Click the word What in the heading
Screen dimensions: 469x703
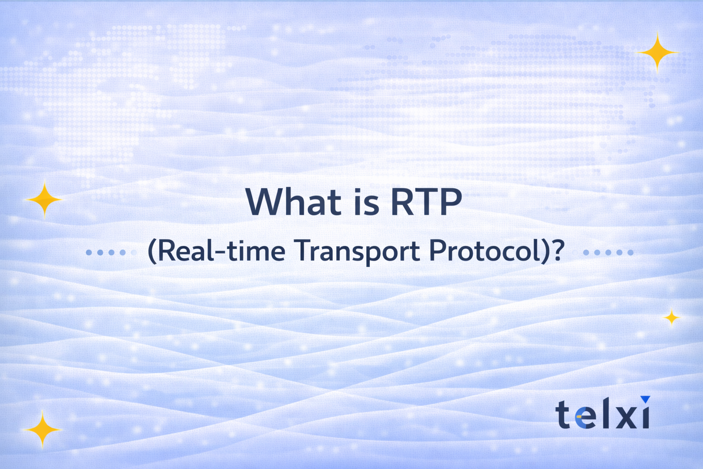coord(293,202)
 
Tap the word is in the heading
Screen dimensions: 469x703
coord(366,202)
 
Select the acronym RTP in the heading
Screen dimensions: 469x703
coord(426,202)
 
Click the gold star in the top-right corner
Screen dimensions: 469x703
coord(657,53)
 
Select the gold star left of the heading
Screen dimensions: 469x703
coord(44,199)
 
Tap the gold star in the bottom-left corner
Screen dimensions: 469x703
coord(42,429)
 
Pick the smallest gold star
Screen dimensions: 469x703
coord(671,317)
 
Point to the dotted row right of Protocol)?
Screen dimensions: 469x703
coord(608,252)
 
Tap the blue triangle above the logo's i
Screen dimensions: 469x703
coord(645,400)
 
